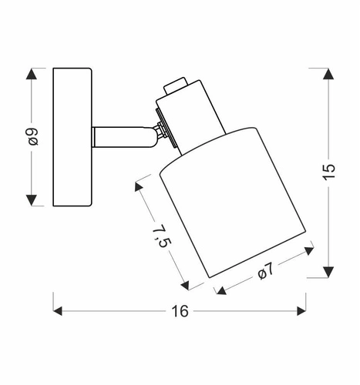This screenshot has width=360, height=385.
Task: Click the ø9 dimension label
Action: point(32,137)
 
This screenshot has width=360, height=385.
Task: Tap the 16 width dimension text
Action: point(180,312)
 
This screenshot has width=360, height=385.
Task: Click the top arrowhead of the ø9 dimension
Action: point(32,75)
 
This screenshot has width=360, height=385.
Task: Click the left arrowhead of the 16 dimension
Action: point(59,311)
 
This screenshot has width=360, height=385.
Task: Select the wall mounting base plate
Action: point(72,137)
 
